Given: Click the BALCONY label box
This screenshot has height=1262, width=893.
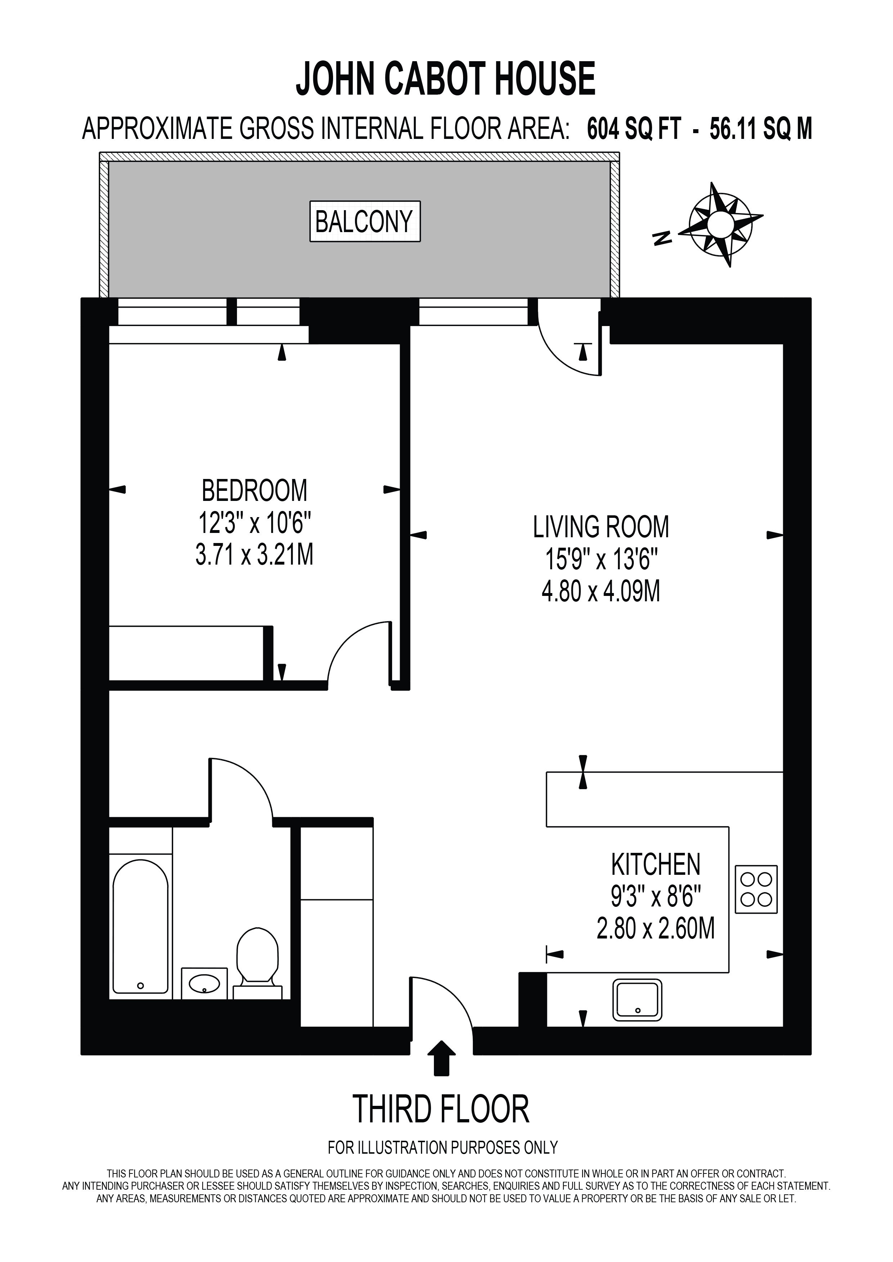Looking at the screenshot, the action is [365, 222].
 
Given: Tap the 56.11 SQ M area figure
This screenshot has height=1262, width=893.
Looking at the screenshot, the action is [761, 130].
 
